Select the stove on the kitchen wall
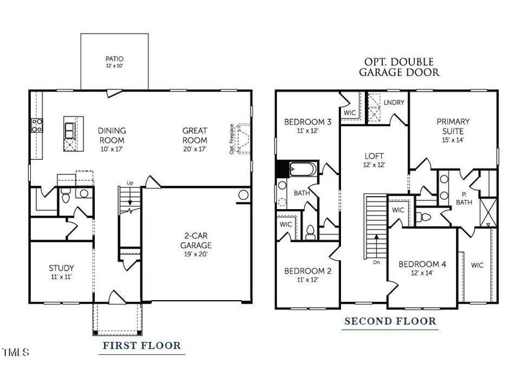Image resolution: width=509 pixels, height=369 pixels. click(36, 125)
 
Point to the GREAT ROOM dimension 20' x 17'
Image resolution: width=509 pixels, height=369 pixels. click(194, 149)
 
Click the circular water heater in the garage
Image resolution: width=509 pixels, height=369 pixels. click(243, 196)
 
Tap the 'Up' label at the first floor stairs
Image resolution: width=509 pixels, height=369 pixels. click(129, 183)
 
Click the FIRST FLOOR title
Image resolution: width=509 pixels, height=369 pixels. click(141, 346)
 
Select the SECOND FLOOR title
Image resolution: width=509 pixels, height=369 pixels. click(390, 321)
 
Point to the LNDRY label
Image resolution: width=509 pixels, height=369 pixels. click(394, 102)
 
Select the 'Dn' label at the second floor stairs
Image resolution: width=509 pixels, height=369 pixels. click(376, 262)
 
